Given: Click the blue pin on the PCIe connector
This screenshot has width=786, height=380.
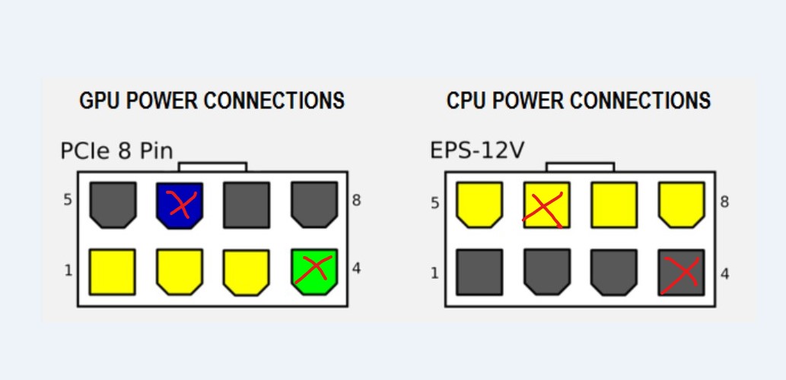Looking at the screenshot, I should tap(180, 205).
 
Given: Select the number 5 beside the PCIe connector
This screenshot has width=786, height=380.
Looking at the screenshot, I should tap(68, 201).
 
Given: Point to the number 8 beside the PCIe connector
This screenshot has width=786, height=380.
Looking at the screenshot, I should tap(356, 201).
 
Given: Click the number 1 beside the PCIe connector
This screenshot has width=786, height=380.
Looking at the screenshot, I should tap(68, 271).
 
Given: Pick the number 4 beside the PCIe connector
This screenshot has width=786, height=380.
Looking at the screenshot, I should tap(356, 268).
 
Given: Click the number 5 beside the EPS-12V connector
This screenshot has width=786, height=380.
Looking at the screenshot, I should tap(435, 204).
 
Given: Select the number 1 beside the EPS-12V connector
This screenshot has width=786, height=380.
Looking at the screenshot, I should tap(435, 273).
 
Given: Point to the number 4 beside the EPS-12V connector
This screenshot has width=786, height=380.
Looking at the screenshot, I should tap(724, 273).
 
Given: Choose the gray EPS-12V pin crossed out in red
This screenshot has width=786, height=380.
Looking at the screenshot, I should tap(681, 272).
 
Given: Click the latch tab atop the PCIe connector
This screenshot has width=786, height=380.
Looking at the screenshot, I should tap(212, 166).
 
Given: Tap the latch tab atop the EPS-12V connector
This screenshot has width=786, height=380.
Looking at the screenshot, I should tap(580, 166).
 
